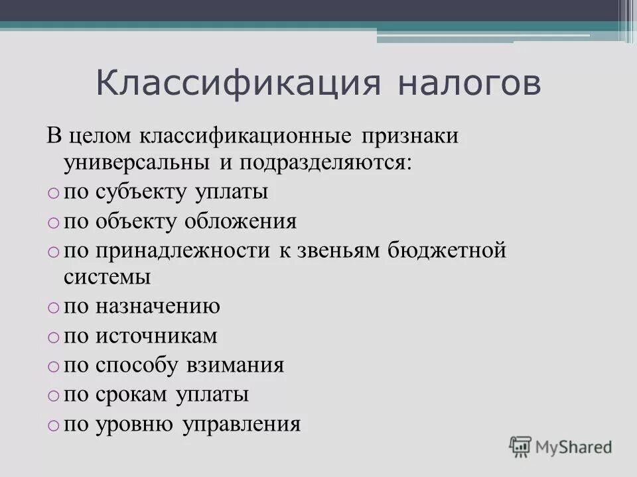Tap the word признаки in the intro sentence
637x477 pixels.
coord(410,136)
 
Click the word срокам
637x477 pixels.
coord(133,395)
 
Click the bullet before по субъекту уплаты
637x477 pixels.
coord(53,193)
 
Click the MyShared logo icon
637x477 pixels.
coord(520,446)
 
